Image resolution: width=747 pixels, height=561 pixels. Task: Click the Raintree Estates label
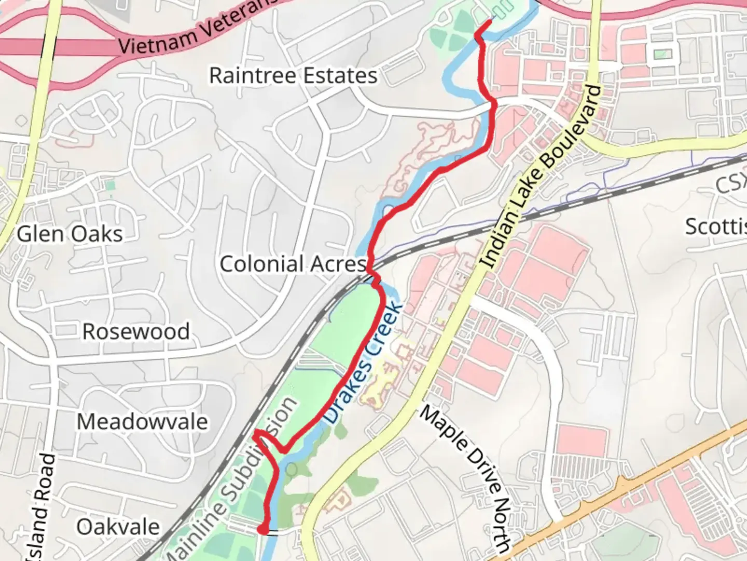[293, 76]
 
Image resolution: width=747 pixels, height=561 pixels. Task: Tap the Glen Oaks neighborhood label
[70, 234]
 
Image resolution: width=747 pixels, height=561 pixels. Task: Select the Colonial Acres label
[293, 264]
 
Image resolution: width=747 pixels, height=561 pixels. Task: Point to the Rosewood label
[136, 332]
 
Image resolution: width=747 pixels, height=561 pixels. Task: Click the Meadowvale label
[142, 421]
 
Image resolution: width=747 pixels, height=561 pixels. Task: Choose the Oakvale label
[118, 527]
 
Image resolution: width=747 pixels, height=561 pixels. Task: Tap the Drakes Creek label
[363, 363]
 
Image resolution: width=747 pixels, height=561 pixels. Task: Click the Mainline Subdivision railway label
[233, 478]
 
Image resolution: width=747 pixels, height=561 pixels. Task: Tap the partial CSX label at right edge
[731, 183]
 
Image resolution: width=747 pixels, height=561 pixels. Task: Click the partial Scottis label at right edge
[716, 227]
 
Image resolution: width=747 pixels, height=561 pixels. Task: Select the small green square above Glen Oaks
[109, 185]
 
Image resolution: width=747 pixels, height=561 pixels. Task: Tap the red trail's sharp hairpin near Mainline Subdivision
[257, 433]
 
